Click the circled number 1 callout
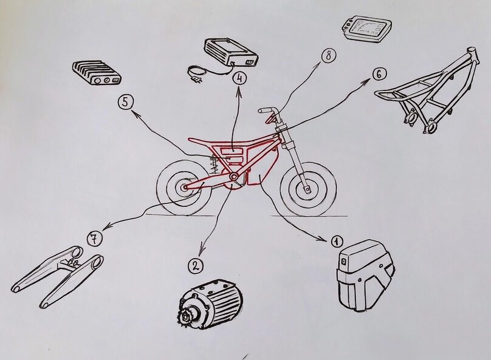coord(337,241)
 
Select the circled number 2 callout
coord(196,265)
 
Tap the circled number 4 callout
coord(239,78)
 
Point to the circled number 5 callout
coord(126,103)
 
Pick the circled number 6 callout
coord(379,74)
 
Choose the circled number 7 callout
coord(95,239)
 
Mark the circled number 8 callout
coord(328,56)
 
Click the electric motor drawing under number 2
coord(210,301)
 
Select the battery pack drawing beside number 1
coord(365,275)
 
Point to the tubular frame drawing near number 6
coord(429,90)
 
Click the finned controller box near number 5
coord(97,73)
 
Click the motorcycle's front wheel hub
coord(307,189)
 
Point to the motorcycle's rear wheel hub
coord(184,187)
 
